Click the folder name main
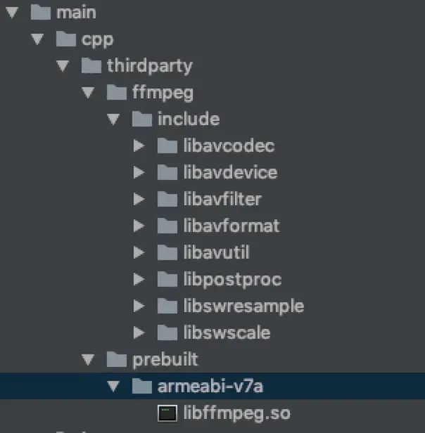(77, 13)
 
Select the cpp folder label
(98, 39)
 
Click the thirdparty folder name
(149, 66)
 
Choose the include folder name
(189, 119)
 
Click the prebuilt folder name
(165, 360)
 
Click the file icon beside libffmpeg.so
(166, 413)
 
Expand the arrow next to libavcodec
(139, 146)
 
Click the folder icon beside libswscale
(166, 332)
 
